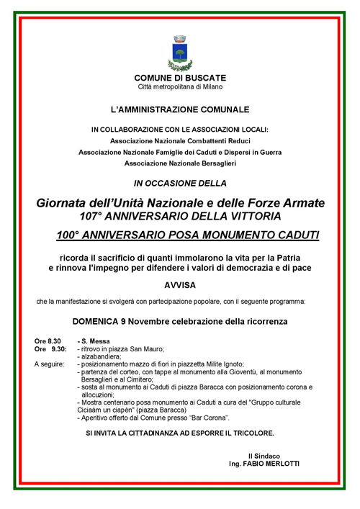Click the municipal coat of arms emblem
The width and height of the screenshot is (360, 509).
[x=180, y=51]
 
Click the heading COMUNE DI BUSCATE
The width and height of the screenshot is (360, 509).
[x=180, y=77]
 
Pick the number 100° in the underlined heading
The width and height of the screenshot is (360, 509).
[x=72, y=235]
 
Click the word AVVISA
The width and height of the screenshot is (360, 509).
[x=180, y=284]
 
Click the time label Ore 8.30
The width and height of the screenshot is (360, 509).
[x=48, y=340]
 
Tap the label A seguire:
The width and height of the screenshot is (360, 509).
[x=50, y=364]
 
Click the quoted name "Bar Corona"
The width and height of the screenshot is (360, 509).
[x=209, y=418]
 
